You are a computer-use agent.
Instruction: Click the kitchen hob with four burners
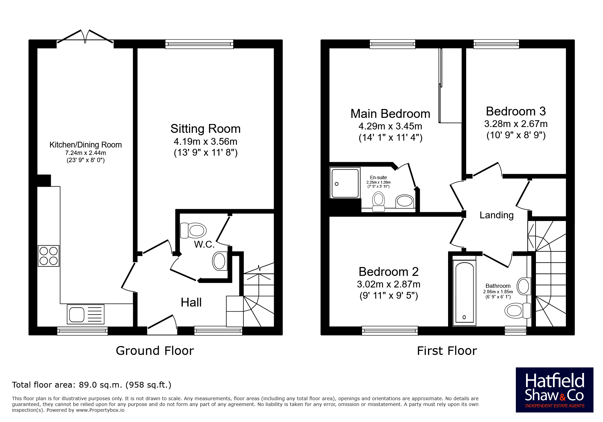tap(48, 256)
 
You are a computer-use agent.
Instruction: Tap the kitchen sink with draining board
tap(86, 314)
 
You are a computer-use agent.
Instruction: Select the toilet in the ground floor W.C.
tap(193, 231)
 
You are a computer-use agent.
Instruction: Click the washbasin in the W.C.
tap(220, 261)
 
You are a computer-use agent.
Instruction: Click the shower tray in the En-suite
tap(345, 183)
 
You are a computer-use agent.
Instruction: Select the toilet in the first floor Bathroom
tap(518, 310)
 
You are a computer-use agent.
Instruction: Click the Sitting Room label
tap(206, 129)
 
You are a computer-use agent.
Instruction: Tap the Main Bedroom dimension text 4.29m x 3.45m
tap(390, 126)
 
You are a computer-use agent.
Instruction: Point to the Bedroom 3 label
tap(516, 111)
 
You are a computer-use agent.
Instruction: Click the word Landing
tap(496, 215)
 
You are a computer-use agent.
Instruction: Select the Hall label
tap(191, 302)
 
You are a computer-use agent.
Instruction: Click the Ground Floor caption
tap(155, 351)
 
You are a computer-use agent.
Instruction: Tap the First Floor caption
tap(447, 351)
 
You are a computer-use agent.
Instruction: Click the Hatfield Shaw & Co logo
tap(555, 390)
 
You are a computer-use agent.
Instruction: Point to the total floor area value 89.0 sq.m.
tap(100, 385)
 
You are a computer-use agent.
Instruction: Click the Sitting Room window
tap(199, 44)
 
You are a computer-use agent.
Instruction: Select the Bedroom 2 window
tap(390, 331)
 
